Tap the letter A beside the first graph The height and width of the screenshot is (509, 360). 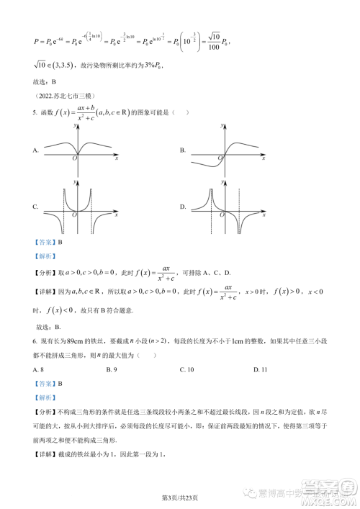pos(35,150)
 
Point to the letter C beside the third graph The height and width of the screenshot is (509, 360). pos(35,207)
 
